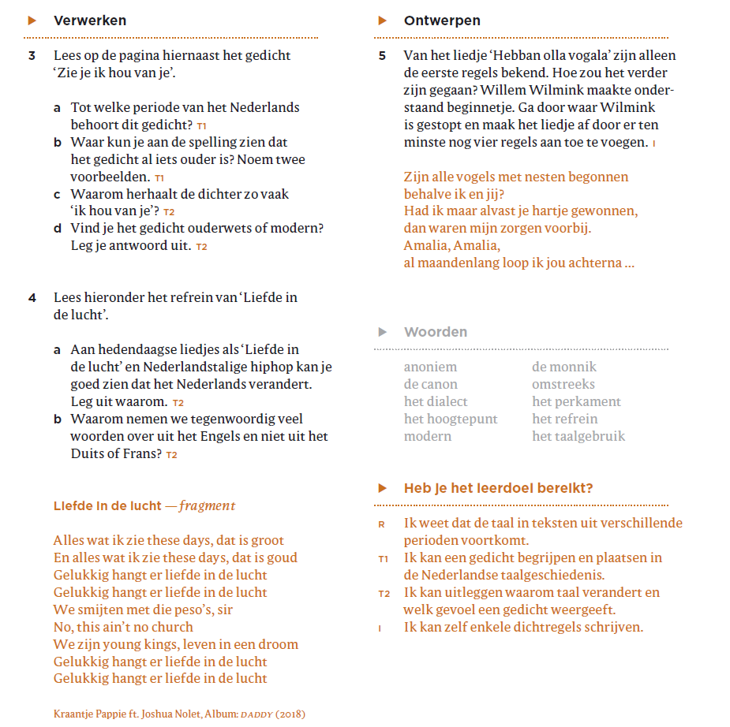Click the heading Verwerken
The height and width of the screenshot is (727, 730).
point(89,21)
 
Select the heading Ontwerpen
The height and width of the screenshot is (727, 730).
point(442,21)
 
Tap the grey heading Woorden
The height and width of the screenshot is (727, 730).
point(435,332)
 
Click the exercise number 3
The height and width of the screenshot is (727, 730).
point(32,56)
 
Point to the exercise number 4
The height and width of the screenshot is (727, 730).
point(32,298)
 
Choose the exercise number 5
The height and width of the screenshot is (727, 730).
point(382,56)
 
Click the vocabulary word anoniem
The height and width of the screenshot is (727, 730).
point(430,367)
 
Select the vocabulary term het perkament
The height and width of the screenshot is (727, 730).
point(576,401)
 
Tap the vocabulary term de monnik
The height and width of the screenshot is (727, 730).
point(564,367)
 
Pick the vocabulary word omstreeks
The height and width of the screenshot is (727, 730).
point(563,384)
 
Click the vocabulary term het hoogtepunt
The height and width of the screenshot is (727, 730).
point(451,419)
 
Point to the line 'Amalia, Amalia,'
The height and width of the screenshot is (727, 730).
point(451,245)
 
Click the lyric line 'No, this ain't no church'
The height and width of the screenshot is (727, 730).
point(123,627)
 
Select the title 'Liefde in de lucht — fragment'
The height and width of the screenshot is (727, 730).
point(144,506)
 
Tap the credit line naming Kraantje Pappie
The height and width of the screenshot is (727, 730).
point(179,714)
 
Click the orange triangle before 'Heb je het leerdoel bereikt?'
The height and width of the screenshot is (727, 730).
point(383,488)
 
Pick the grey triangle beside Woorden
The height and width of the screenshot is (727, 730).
point(383,332)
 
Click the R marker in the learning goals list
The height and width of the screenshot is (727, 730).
point(382,524)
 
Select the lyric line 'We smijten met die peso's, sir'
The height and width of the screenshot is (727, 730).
point(143,610)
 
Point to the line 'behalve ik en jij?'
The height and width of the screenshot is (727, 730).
point(454,194)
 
